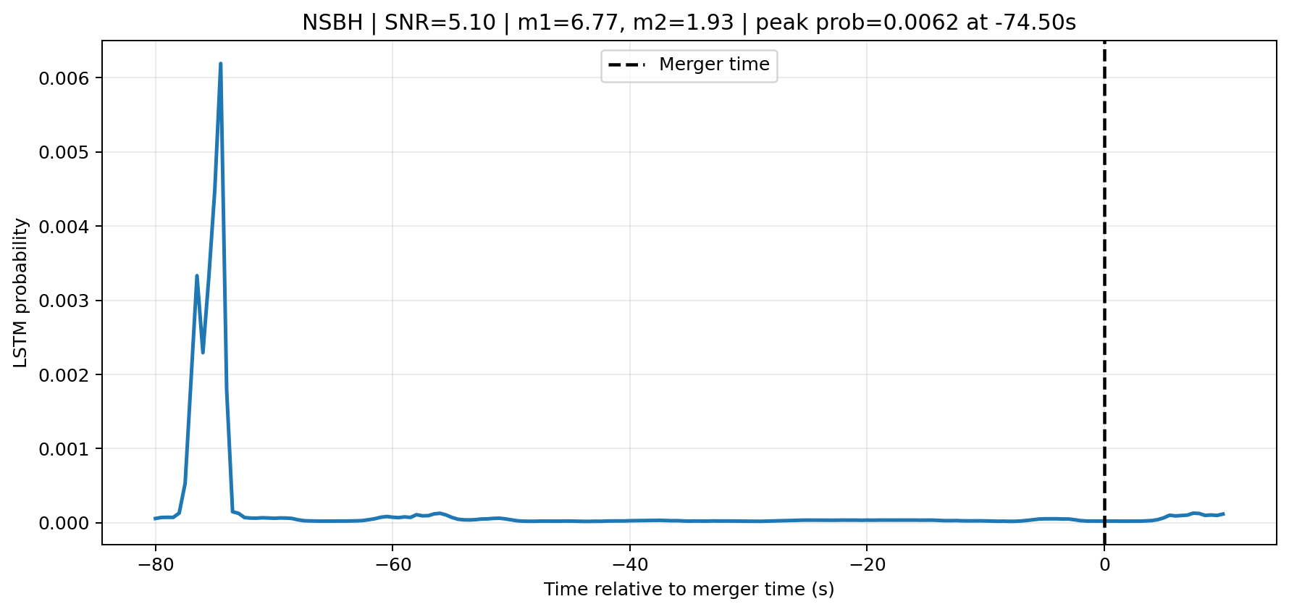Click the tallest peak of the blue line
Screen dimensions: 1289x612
click(220, 64)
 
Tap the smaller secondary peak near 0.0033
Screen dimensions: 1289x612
click(197, 276)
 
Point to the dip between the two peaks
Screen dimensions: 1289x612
click(203, 352)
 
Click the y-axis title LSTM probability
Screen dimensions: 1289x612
click(21, 293)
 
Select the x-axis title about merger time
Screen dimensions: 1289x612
click(689, 590)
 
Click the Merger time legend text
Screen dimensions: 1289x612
click(714, 64)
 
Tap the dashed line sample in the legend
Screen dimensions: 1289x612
click(626, 65)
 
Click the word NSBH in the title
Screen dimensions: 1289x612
click(332, 23)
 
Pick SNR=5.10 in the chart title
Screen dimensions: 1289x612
click(440, 23)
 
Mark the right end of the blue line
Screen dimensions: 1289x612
click(1223, 514)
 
